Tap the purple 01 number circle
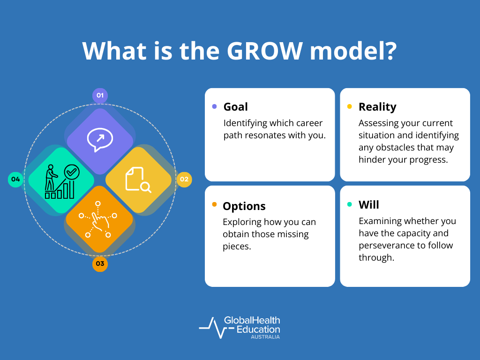(x=100, y=96)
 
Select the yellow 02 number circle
(x=184, y=179)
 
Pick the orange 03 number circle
(x=100, y=263)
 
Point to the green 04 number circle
(x=15, y=179)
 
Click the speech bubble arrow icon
(x=99, y=140)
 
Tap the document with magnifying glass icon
(x=138, y=180)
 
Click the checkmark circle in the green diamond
(x=72, y=172)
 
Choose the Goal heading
(x=235, y=107)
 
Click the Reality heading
(x=377, y=107)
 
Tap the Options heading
(x=244, y=206)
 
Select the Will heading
(x=368, y=205)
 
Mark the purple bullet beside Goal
(x=214, y=106)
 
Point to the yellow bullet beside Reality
(x=349, y=106)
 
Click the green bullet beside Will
(x=349, y=204)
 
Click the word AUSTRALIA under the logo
(x=265, y=337)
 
